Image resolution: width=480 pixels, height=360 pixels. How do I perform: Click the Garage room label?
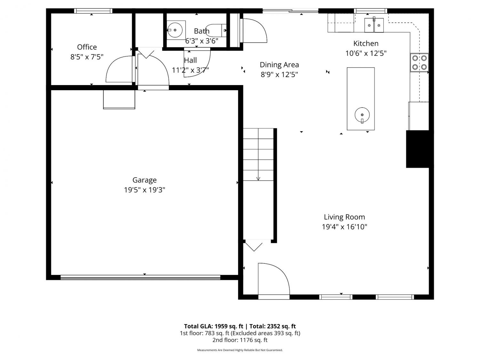144,180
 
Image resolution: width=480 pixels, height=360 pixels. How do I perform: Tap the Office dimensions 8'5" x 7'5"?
87,57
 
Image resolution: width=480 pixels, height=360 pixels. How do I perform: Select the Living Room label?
344,217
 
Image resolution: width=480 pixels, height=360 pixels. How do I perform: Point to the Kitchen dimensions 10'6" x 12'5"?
366,53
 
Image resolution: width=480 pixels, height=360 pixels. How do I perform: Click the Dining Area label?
279,65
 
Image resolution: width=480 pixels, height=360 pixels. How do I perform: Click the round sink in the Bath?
175,30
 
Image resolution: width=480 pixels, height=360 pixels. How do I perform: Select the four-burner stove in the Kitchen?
419,62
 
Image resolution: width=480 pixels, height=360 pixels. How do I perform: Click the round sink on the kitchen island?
362,115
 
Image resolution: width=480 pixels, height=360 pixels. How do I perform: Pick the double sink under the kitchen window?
374,25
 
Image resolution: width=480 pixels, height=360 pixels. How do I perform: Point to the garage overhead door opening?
140,277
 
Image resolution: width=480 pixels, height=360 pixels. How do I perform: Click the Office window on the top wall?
93,11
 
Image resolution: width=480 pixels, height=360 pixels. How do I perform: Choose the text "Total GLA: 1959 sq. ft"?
213,326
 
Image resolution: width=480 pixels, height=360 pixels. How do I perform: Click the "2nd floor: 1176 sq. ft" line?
240,340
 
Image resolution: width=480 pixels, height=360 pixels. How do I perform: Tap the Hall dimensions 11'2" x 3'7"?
190,70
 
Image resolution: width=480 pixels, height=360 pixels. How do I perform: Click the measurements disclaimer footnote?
240,350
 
